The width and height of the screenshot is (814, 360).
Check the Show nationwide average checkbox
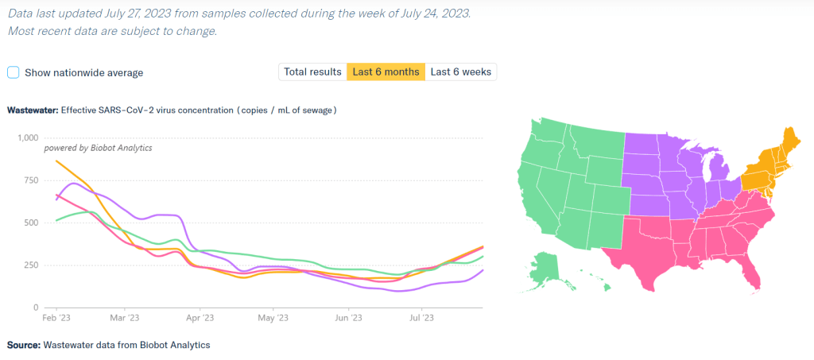(14, 72)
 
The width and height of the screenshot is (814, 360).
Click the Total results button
(313, 72)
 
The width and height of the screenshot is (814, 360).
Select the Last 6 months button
(386, 72)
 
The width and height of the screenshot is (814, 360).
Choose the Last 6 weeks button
(461, 72)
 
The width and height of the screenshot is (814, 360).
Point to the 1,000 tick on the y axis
(28, 137)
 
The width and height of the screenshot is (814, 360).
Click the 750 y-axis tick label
(30, 180)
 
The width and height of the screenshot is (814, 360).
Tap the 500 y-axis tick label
(30, 223)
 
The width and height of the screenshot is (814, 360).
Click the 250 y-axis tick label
(30, 265)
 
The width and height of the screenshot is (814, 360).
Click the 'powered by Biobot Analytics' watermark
(87, 148)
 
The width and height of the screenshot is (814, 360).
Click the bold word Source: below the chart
(23, 345)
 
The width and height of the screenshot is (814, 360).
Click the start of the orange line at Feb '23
(56, 161)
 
